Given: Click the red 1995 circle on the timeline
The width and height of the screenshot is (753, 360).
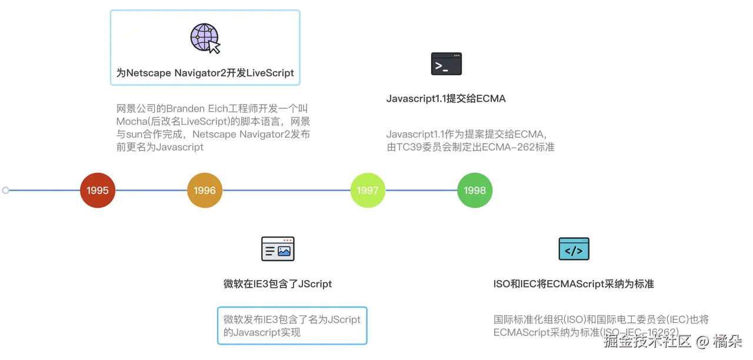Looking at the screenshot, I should [98, 191].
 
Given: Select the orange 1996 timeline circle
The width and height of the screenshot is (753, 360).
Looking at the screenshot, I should [205, 191].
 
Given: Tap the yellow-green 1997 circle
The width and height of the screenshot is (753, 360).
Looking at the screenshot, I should [368, 191].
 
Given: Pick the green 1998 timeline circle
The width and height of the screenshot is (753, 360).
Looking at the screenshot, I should [475, 191].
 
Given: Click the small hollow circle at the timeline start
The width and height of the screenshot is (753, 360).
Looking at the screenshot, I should [6, 190].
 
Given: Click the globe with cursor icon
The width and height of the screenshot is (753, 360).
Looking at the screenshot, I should [205, 39].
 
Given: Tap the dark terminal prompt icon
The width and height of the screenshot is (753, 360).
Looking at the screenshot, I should [447, 64].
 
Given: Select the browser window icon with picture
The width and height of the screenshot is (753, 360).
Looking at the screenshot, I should [278, 249].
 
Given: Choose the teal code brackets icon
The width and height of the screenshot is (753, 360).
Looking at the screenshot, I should [574, 249].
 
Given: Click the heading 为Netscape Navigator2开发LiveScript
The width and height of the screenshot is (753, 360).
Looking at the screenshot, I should [205, 74].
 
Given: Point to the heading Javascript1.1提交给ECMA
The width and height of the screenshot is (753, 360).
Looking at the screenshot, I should [446, 99].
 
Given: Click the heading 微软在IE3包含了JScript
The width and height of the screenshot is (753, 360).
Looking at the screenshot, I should [278, 284].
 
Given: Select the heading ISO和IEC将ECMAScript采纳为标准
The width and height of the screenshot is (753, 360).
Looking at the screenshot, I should [574, 284].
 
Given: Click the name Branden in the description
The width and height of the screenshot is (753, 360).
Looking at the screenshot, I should [185, 109].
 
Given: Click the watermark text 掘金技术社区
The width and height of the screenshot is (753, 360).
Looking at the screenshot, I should [647, 341].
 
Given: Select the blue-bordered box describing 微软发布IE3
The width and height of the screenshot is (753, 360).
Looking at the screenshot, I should [292, 325].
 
